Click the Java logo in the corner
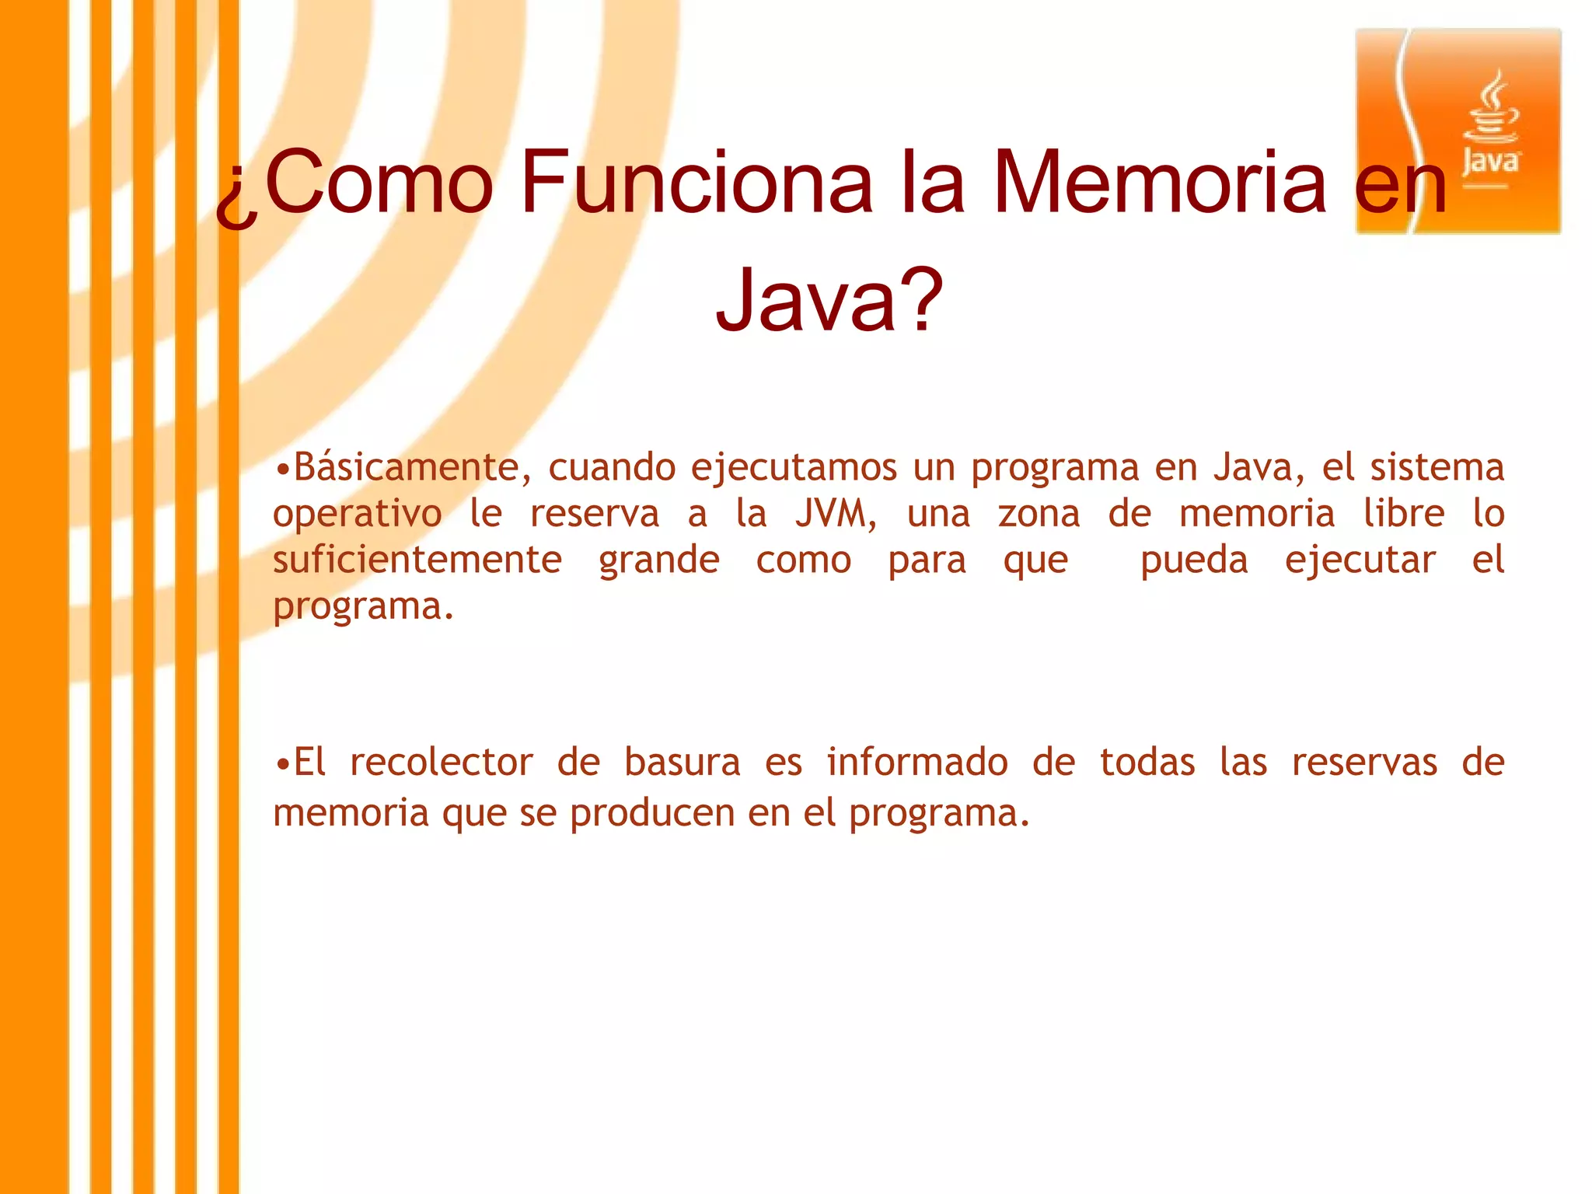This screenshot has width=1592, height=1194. pyautogui.click(x=1458, y=131)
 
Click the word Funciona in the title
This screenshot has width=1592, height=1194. pyautogui.click(x=696, y=182)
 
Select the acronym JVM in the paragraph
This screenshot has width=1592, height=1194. pyautogui.click(x=833, y=514)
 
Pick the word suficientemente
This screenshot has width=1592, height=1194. pyautogui.click(x=417, y=560)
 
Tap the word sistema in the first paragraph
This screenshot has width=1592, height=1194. pyautogui.click(x=1437, y=467)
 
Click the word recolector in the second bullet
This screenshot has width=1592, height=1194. pyautogui.click(x=441, y=763)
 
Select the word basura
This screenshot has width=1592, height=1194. pyautogui.click(x=682, y=763)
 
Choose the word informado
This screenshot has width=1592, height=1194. pyautogui.click(x=917, y=763)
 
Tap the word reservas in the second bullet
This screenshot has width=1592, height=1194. pyautogui.click(x=1364, y=763)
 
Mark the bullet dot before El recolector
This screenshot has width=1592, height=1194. pyautogui.click(x=283, y=764)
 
